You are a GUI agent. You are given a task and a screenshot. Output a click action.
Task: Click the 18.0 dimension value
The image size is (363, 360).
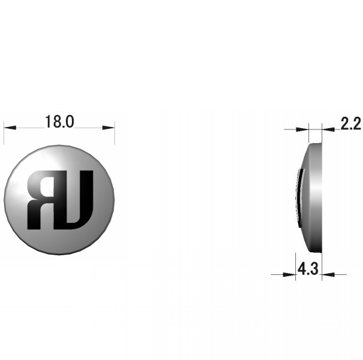tap(59, 122)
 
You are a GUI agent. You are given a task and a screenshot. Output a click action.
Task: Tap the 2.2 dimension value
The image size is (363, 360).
tap(350, 123)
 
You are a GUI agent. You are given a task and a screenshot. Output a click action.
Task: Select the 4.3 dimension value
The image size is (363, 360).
tap(308, 269)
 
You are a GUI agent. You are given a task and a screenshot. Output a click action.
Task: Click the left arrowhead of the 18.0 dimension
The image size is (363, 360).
tap(10, 128)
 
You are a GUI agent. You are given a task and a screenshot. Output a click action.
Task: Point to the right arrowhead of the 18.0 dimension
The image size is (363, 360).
tap(108, 128)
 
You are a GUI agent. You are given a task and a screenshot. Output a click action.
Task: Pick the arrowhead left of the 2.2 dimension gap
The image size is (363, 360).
tap(302, 129)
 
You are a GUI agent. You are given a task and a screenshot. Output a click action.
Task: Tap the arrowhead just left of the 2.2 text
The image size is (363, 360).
tap(328, 129)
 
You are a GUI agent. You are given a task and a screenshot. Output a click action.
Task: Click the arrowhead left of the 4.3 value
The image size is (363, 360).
tap(289, 274)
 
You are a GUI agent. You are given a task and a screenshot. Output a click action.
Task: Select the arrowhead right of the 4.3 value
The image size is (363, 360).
tap(328, 274)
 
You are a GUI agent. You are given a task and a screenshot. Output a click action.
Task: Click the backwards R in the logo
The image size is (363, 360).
tap(42, 200)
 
